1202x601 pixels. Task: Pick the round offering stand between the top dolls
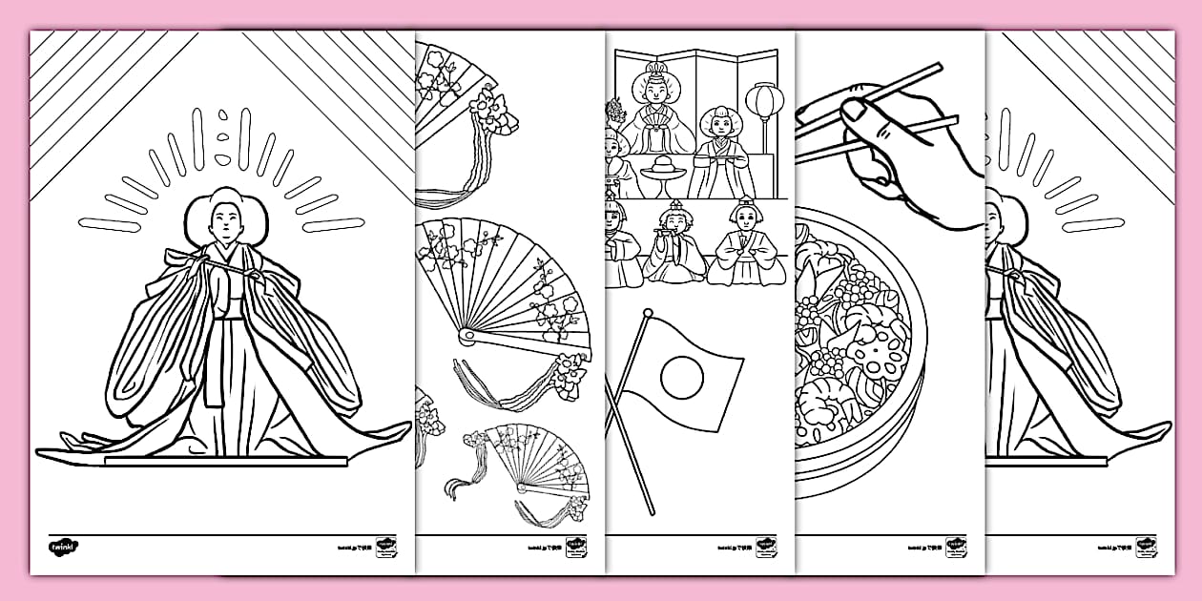pos(661,172)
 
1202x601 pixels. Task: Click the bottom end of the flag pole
pos(653,512)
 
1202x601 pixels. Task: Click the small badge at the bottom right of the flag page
pos(765,549)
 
